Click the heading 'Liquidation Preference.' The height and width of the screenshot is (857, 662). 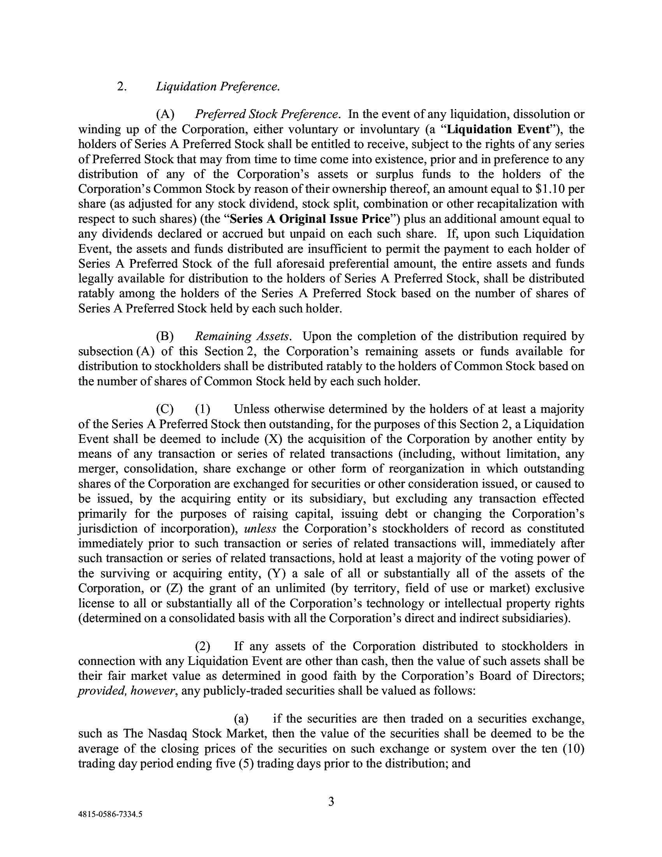click(218, 86)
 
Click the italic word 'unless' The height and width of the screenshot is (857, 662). click(261, 529)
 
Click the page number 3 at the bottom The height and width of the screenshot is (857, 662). click(331, 801)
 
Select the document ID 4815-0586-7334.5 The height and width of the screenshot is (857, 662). click(110, 814)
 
